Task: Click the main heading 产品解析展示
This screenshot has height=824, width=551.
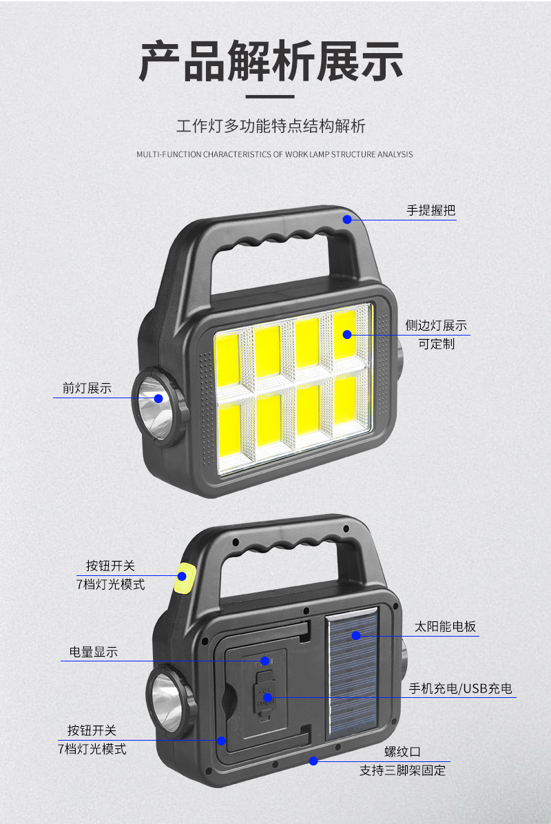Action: [x=271, y=61]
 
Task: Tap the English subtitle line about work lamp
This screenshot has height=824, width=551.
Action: [x=275, y=154]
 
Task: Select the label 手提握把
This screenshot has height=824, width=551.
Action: [x=430, y=211]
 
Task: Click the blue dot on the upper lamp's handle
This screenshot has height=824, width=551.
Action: [x=347, y=220]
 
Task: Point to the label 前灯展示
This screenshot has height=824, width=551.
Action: [x=87, y=388]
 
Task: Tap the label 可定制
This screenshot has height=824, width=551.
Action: [x=437, y=343]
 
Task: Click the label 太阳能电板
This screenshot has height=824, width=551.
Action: [x=445, y=626]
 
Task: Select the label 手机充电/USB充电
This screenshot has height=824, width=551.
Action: [x=460, y=688]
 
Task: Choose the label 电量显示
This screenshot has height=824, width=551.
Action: [x=94, y=652]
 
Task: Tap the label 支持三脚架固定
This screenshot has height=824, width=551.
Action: [x=403, y=770]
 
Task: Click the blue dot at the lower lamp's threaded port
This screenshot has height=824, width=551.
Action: [x=313, y=761]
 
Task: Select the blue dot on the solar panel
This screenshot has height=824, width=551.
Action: [x=355, y=635]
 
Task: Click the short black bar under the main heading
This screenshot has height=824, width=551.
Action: [x=270, y=97]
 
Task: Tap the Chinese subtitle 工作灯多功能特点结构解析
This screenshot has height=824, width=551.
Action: [x=271, y=126]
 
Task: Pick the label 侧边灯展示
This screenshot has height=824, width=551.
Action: [x=436, y=325]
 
